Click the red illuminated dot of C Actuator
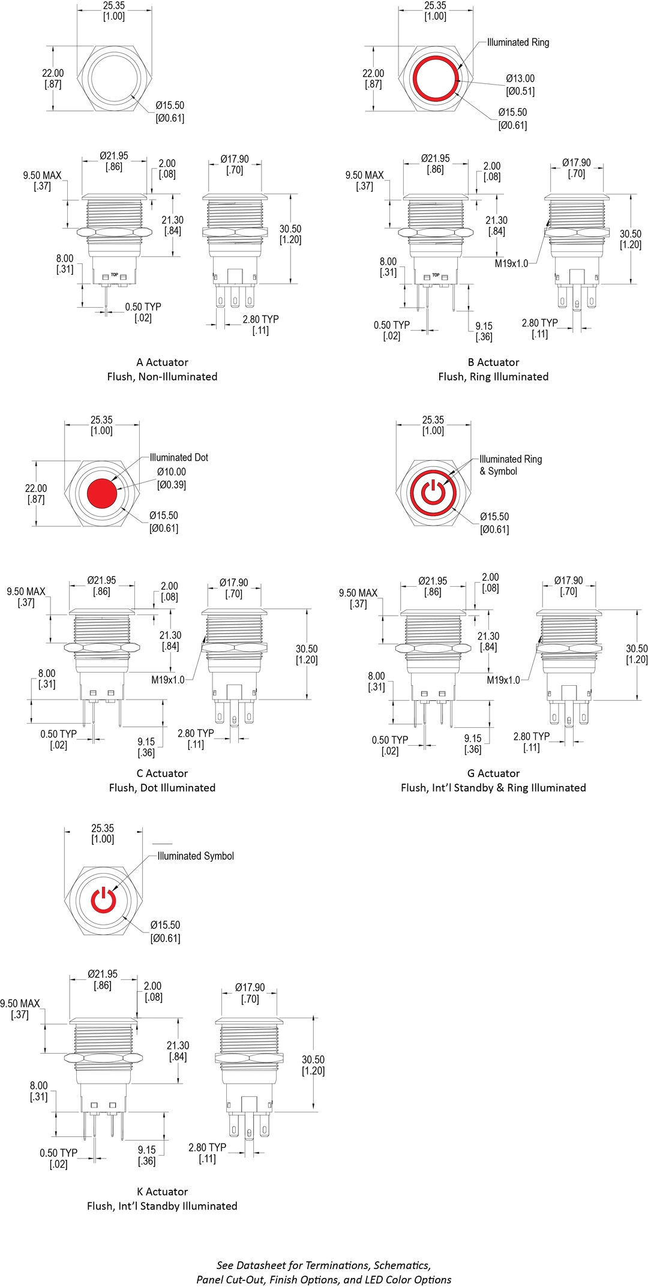click(x=101, y=493)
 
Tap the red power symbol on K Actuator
click(x=103, y=901)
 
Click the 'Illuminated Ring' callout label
click(x=518, y=43)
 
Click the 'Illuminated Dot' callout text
click(x=179, y=457)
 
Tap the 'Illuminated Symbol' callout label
click(x=196, y=856)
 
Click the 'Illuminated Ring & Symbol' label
click(x=510, y=465)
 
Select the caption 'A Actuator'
click(x=162, y=362)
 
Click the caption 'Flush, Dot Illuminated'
click(x=162, y=788)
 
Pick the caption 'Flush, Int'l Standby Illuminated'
click(x=162, y=1206)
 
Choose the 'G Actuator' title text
click(x=493, y=773)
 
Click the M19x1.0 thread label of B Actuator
click(x=511, y=263)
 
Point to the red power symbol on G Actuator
click(x=433, y=492)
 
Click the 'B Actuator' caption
click(x=493, y=362)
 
